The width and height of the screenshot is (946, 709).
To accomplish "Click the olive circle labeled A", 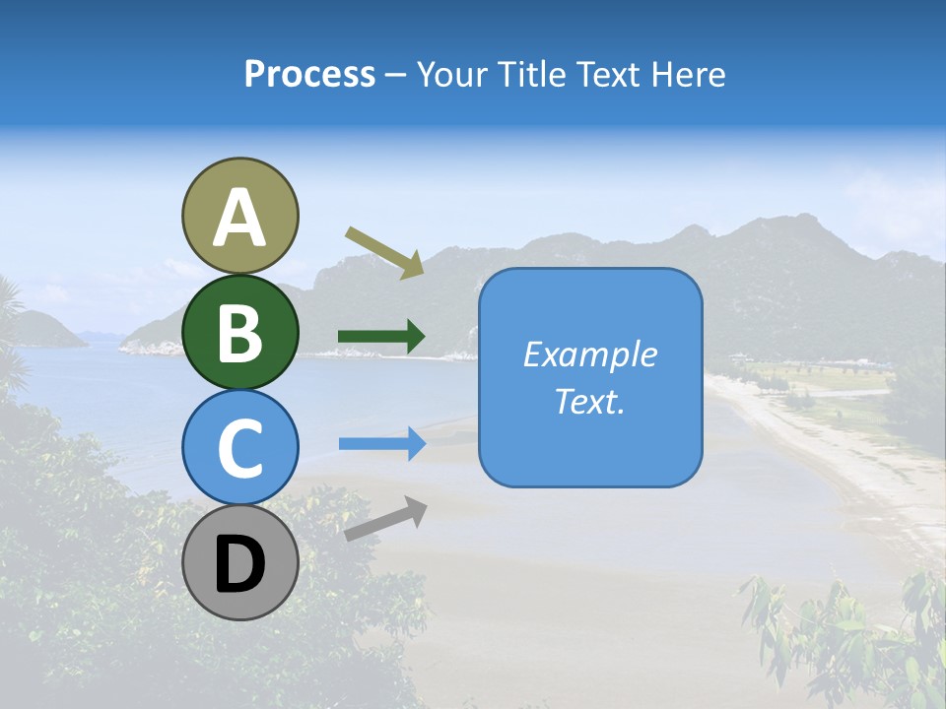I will pos(239,217).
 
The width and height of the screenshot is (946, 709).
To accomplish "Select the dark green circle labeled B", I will pos(239,332).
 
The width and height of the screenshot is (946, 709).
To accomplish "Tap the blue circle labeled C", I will pos(239,447).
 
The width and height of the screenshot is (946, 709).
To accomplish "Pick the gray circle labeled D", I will pos(239,562).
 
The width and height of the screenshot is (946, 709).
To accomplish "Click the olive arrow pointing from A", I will pos(384,251).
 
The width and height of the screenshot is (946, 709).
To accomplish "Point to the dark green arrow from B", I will pos(381,337).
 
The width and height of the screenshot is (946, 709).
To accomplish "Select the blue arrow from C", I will pos(381,444).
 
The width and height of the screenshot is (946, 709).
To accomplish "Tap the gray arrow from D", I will pos(384,520).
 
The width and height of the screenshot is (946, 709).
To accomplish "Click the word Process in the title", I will pos(309,75).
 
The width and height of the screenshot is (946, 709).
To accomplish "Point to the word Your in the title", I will pos(452,75).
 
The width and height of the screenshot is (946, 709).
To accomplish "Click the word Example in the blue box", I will pos(589,354).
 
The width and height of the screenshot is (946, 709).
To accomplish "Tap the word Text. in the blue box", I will pos(589,401).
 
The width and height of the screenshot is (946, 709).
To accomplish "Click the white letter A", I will pos(239,218).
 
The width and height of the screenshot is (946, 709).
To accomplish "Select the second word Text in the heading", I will pos(608,75).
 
